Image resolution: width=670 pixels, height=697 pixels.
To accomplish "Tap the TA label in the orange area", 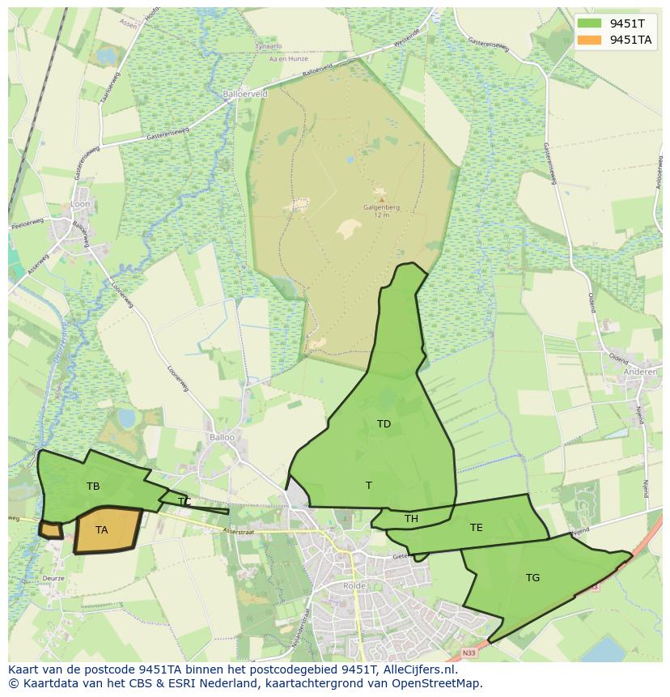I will pyautogui.click(x=101, y=530).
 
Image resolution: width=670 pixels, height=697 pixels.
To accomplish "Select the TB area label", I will pyautogui.click(x=93, y=487).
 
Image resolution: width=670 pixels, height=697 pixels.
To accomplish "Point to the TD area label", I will pyautogui.click(x=384, y=424).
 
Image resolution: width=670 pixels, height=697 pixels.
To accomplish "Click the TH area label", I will pyautogui.click(x=411, y=519).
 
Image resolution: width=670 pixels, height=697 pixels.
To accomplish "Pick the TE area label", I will pyautogui.click(x=477, y=528).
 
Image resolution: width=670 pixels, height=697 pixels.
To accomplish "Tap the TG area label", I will pyautogui.click(x=532, y=578).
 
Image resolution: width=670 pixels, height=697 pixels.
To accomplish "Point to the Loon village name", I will pyautogui.click(x=81, y=206).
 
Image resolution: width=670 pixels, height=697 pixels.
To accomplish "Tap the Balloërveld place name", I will pyautogui.click(x=245, y=94).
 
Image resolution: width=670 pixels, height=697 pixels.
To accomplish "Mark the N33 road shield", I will pyautogui.click(x=469, y=652).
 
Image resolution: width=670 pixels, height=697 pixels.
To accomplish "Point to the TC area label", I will pyautogui.click(x=184, y=502).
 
